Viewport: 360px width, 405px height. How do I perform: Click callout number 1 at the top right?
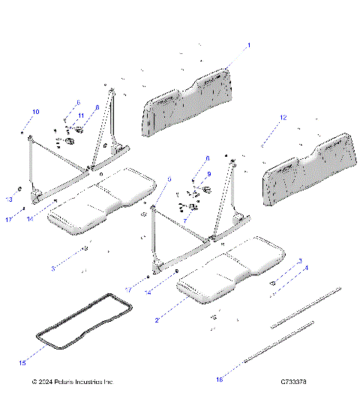[x=249, y=46]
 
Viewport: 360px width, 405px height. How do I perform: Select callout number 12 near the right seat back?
[x=283, y=118]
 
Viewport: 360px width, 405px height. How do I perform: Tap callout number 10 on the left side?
[x=34, y=112]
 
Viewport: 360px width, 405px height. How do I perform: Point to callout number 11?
[x=79, y=115]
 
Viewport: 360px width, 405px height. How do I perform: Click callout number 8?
[x=96, y=108]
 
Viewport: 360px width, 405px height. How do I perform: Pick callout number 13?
[x=10, y=199]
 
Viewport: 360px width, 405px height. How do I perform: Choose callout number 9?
[x=209, y=174]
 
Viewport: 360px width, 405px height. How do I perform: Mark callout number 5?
[x=169, y=179]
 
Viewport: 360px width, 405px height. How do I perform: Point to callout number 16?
[x=220, y=380]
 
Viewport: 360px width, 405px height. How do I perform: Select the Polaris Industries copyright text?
[x=73, y=382]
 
